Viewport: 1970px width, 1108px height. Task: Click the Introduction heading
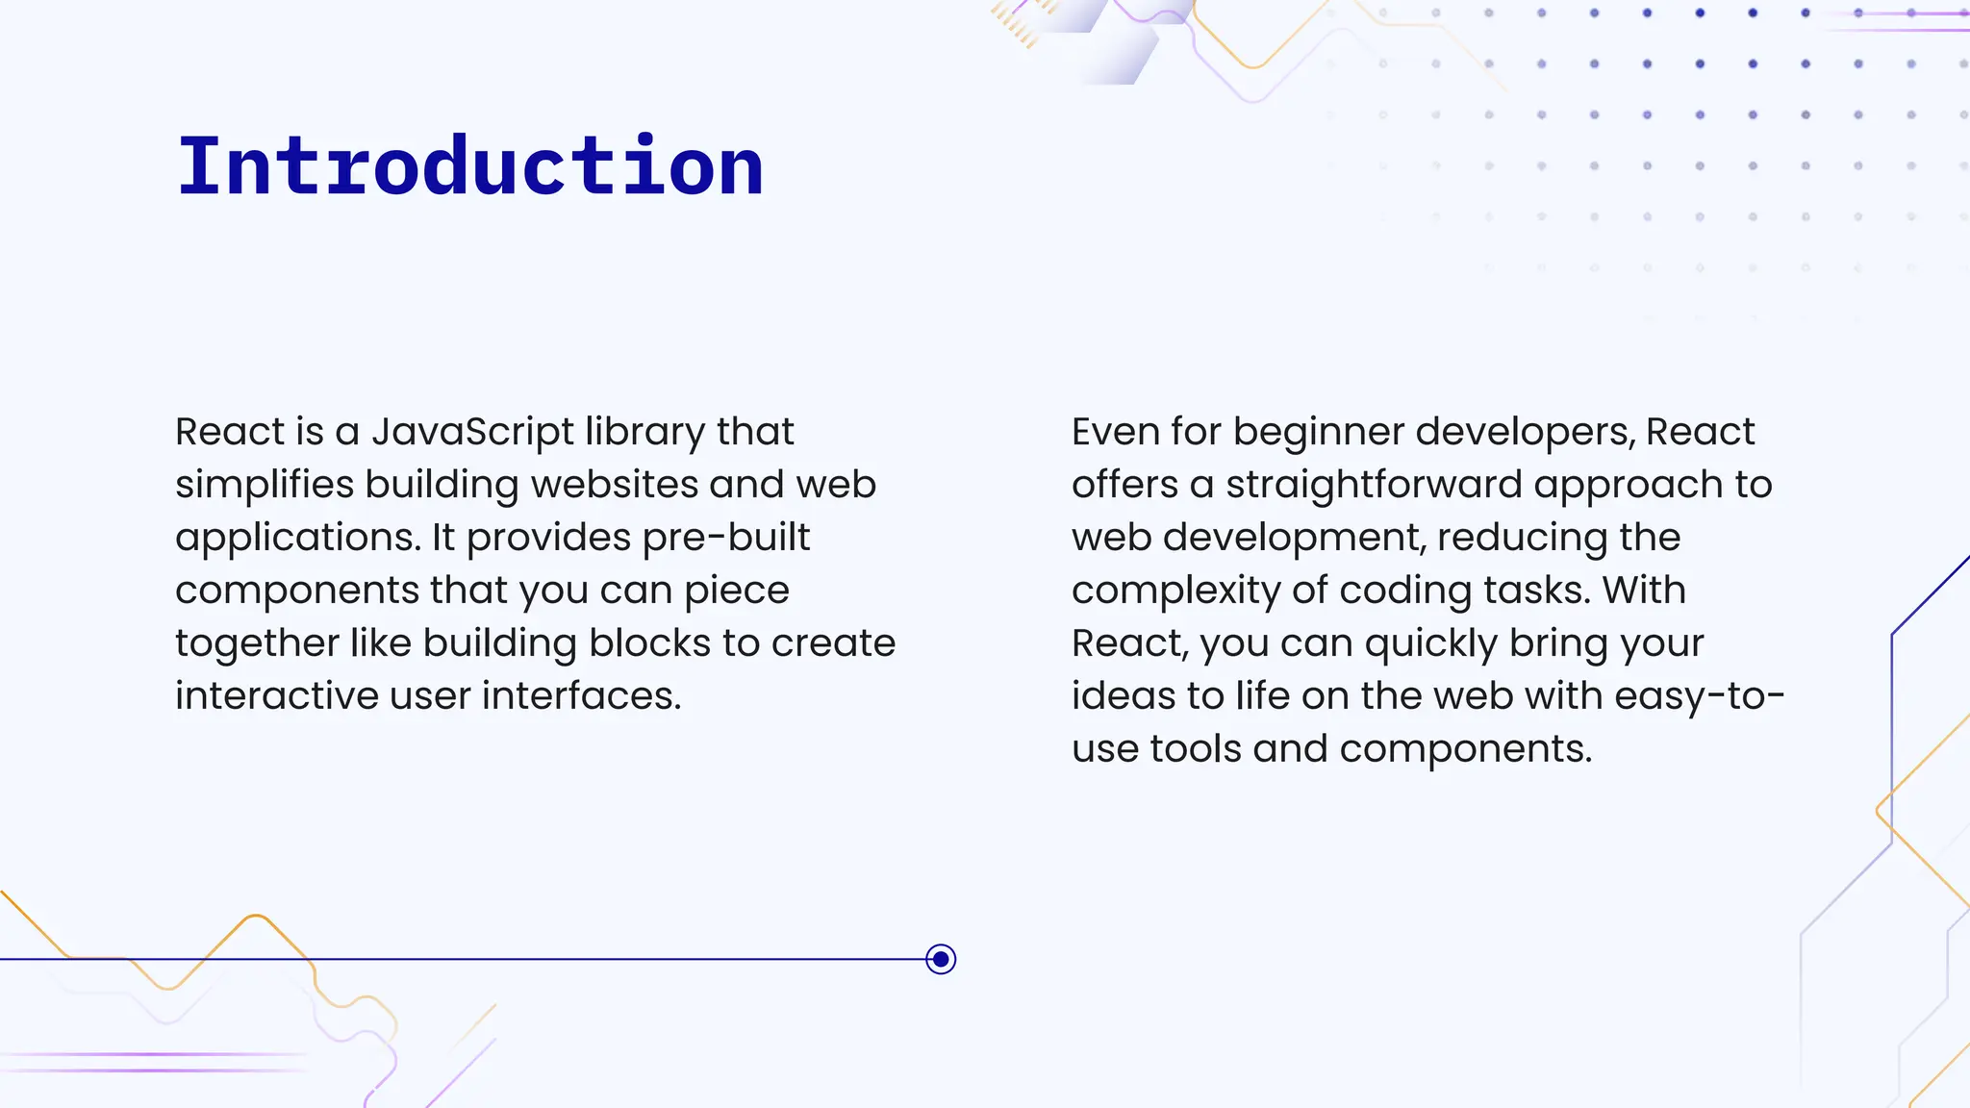[470, 166]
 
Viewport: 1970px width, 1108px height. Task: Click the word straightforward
[1374, 485]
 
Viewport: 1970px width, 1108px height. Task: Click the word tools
[1196, 749]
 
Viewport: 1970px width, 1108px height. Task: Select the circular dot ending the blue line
[941, 959]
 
